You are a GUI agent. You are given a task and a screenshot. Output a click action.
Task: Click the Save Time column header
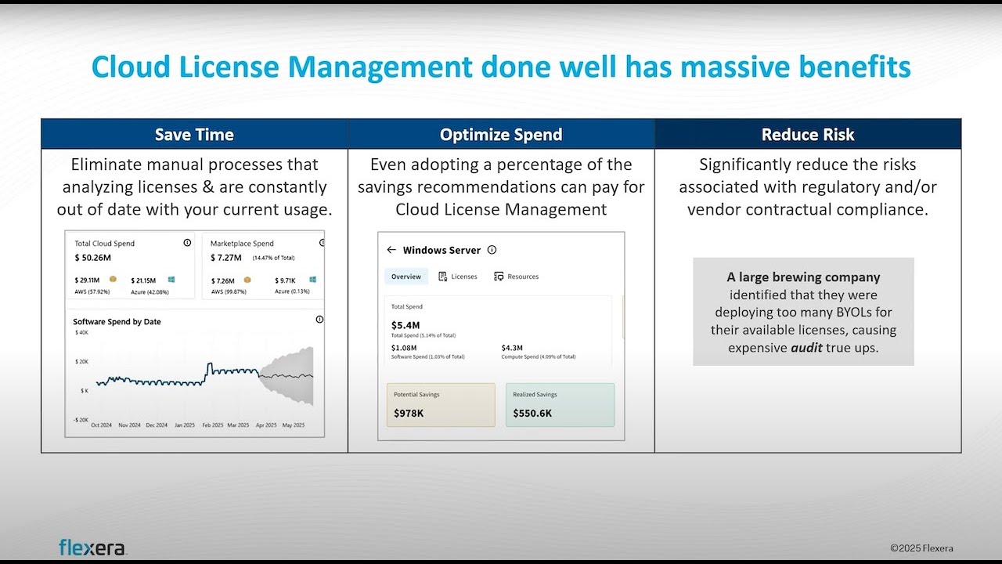point(194,135)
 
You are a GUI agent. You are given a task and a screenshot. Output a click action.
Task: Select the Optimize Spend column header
point(501,135)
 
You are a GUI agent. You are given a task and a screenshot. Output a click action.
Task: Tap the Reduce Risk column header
point(808,135)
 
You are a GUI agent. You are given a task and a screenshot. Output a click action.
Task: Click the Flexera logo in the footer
point(92,547)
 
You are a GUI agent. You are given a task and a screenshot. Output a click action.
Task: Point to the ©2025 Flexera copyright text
point(921,548)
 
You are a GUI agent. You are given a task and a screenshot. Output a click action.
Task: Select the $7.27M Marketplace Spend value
point(227,258)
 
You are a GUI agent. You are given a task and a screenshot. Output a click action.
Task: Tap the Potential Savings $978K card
point(441,405)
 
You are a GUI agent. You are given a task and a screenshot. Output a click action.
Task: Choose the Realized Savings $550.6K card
point(560,405)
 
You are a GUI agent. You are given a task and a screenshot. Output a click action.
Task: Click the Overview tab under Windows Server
point(406,277)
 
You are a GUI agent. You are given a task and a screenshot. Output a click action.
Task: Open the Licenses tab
point(458,277)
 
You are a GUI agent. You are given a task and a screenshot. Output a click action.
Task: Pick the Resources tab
point(517,277)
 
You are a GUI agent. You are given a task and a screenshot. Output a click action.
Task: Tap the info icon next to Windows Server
point(492,250)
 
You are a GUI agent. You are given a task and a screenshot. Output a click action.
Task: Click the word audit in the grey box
point(806,348)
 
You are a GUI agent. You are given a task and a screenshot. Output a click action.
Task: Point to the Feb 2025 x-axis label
point(212,425)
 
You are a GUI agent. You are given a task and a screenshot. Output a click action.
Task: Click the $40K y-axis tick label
point(81,333)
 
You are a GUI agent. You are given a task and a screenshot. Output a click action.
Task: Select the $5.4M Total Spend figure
point(405,325)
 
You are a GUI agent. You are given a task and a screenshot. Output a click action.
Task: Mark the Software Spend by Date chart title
point(117,322)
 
